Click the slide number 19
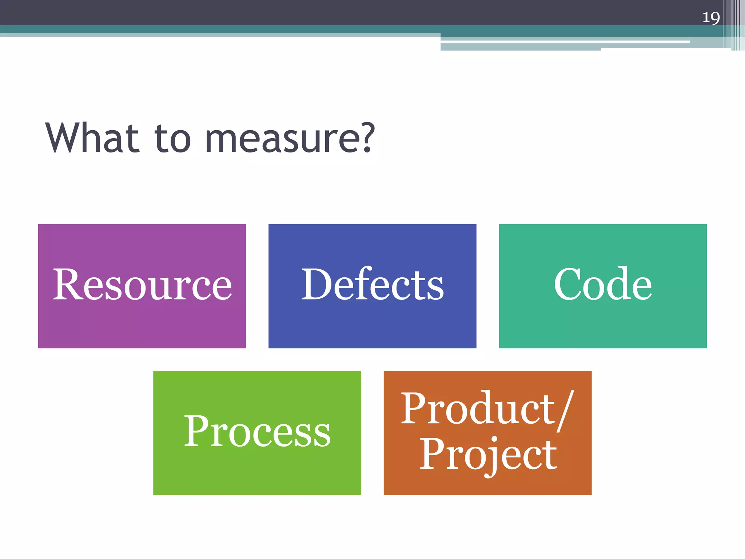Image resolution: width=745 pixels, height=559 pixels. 711,17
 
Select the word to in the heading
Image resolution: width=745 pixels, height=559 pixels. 172,139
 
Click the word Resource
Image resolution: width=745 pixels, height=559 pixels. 142,285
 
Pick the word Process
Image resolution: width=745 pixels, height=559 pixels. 257,432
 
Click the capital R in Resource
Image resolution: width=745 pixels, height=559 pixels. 68,285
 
